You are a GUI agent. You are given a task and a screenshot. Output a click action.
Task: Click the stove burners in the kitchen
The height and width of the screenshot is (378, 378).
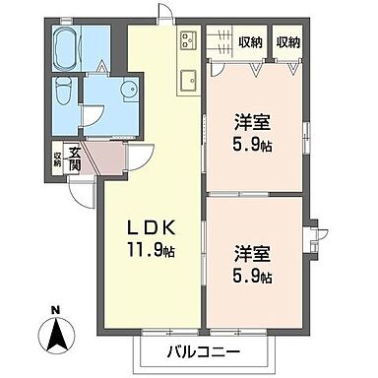tap(187, 40)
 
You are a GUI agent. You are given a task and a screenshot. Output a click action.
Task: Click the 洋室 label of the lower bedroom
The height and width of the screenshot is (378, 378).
tap(253, 253)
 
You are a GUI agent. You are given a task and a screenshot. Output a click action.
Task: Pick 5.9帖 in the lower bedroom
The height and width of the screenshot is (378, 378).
tap(253, 274)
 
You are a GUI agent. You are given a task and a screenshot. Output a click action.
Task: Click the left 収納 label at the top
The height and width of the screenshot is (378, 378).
tap(250, 41)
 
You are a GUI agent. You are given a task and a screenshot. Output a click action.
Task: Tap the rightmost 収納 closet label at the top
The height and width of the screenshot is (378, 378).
tap(288, 41)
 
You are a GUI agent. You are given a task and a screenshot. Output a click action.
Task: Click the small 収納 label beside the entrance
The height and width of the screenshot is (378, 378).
tap(57, 157)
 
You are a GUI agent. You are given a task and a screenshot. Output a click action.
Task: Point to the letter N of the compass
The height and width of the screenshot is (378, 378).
tap(55, 313)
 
